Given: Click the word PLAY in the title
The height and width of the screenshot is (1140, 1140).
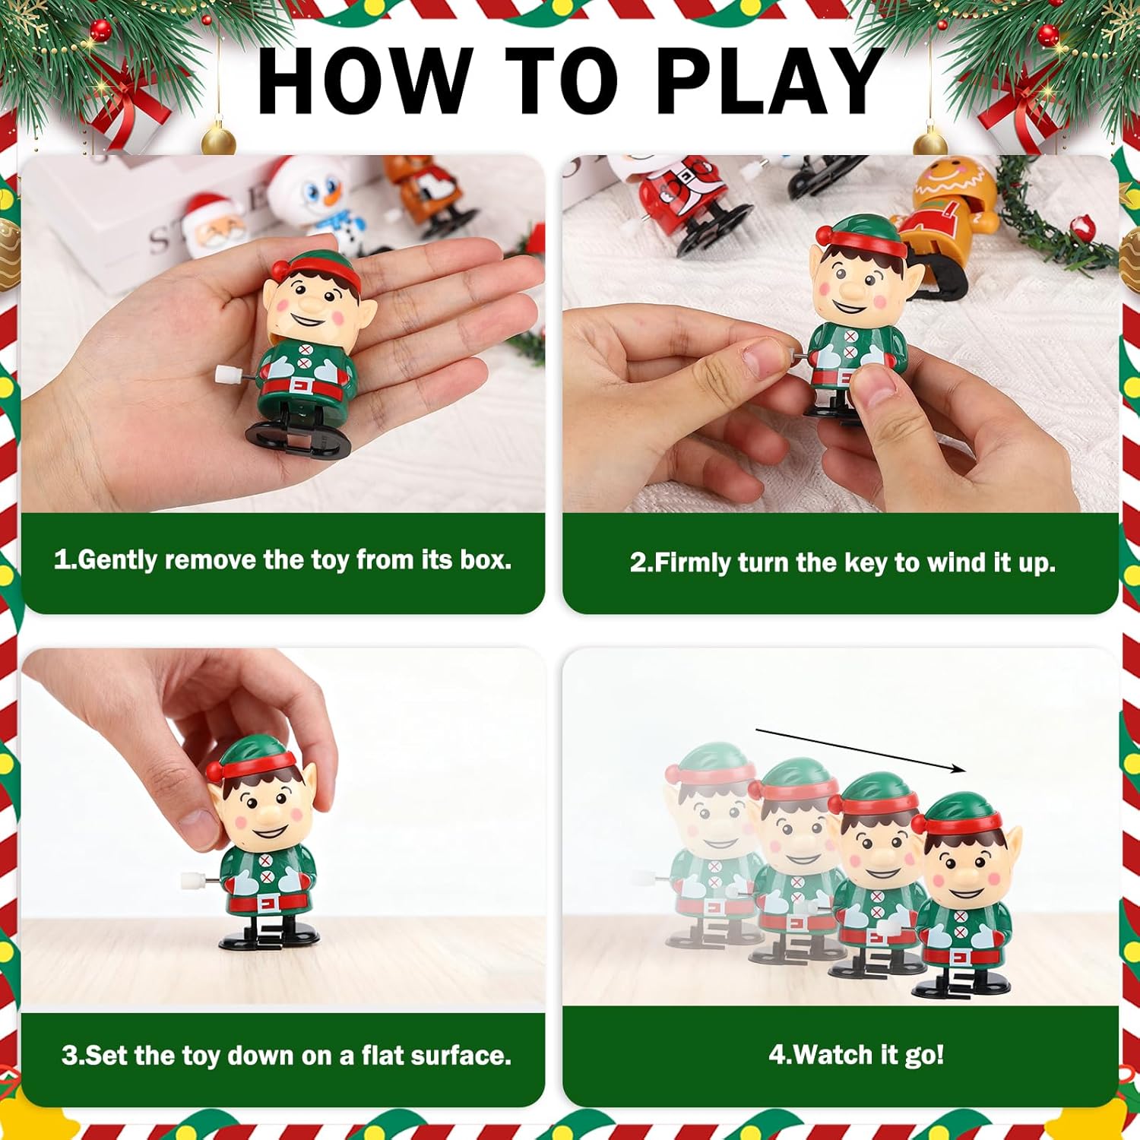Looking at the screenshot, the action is tap(769, 80).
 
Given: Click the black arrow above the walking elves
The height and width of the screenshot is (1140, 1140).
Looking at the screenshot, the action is tap(860, 751).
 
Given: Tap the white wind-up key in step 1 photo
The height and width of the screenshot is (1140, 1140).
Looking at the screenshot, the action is tap(227, 374).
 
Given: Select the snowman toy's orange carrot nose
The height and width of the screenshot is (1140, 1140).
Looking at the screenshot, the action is tap(332, 197).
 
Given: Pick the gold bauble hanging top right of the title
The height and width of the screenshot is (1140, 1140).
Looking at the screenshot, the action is tap(929, 141).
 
